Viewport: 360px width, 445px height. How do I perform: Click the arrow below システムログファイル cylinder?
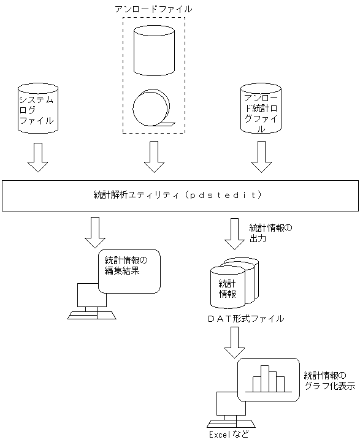[37, 158]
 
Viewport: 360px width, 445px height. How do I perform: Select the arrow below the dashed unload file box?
[154, 158]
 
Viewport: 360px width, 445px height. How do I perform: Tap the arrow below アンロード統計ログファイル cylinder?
[261, 158]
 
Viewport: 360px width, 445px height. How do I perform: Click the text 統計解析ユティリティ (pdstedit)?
[174, 195]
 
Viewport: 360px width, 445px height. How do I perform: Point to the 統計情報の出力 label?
[270, 233]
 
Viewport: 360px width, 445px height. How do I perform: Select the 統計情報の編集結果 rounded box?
[129, 270]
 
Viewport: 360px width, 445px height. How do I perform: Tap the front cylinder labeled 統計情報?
[227, 287]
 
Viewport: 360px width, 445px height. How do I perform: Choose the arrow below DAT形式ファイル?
[234, 343]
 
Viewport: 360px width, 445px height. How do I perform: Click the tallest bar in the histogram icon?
[265, 378]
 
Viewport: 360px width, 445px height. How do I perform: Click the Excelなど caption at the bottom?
[230, 436]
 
